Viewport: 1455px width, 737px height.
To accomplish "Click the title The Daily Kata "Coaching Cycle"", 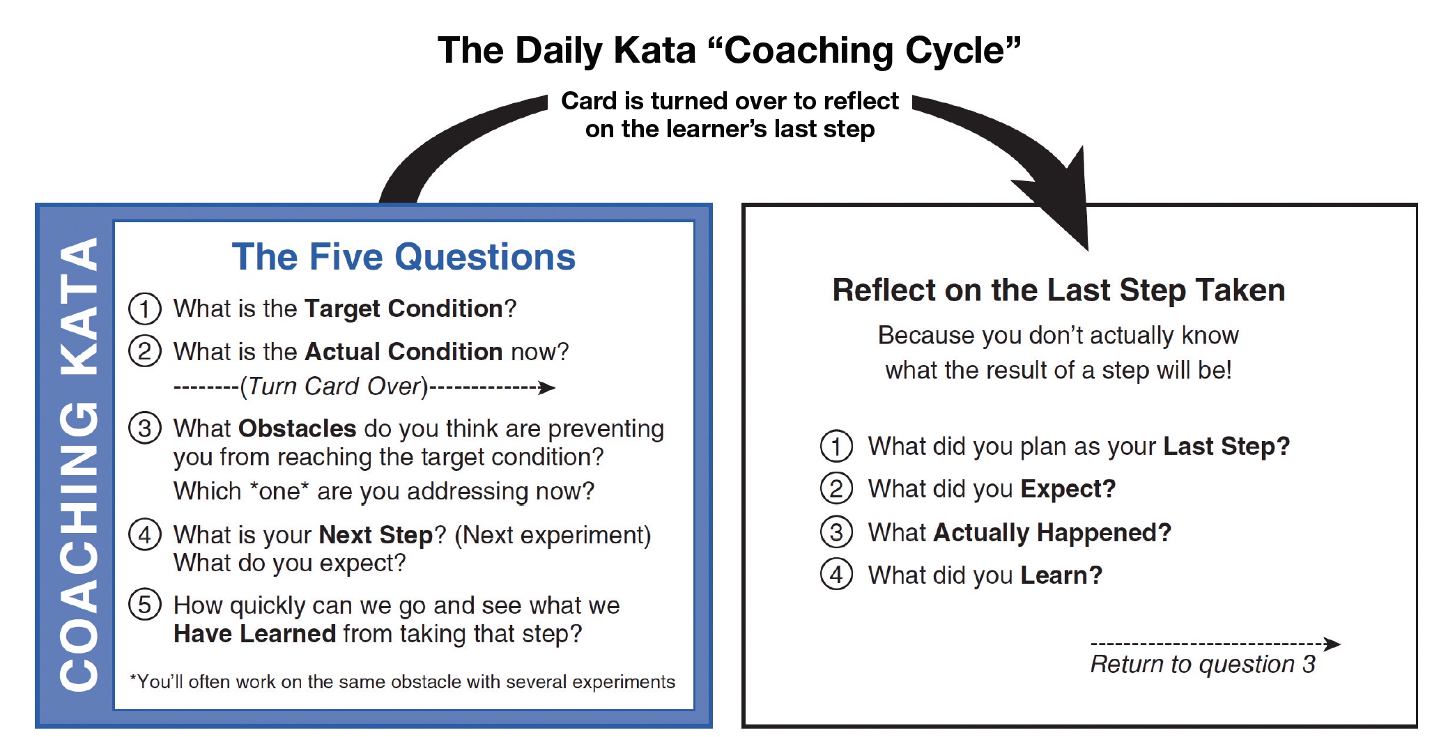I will (728, 51).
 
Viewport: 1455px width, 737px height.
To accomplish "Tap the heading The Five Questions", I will (403, 256).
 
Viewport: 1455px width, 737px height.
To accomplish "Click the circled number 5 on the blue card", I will (145, 605).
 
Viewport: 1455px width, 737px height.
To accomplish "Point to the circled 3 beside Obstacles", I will (145, 428).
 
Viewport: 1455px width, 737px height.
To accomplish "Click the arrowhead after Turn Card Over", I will (547, 387).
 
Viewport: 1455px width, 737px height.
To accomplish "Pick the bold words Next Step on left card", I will (376, 534).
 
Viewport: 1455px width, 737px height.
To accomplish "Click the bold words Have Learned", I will (254, 634).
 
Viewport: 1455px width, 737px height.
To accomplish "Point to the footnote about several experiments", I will (403, 681).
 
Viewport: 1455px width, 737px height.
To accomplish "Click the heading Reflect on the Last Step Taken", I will (1058, 290).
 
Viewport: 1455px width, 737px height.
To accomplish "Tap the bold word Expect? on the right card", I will (1068, 489).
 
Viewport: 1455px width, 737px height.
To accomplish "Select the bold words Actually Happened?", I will (1052, 532).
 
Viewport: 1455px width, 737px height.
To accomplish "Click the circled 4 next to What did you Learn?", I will (836, 575).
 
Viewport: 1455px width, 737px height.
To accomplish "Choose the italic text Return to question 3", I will (1203, 664).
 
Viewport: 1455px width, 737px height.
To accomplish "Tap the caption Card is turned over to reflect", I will (730, 101).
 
